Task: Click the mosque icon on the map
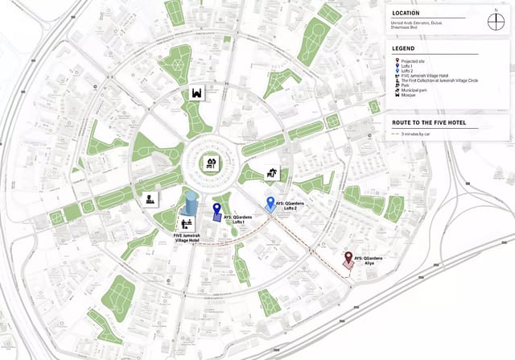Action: (x=196, y=94)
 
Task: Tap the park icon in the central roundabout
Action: (x=212, y=163)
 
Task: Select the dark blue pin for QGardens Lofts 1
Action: (x=216, y=211)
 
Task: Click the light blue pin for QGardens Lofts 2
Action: (x=270, y=204)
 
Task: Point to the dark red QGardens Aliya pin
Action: (x=348, y=259)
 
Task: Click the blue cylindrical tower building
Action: (x=191, y=206)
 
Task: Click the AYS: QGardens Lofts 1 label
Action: (x=236, y=219)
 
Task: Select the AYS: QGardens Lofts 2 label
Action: (x=292, y=206)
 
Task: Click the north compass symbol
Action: (x=496, y=20)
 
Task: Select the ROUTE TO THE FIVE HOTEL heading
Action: (x=429, y=122)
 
